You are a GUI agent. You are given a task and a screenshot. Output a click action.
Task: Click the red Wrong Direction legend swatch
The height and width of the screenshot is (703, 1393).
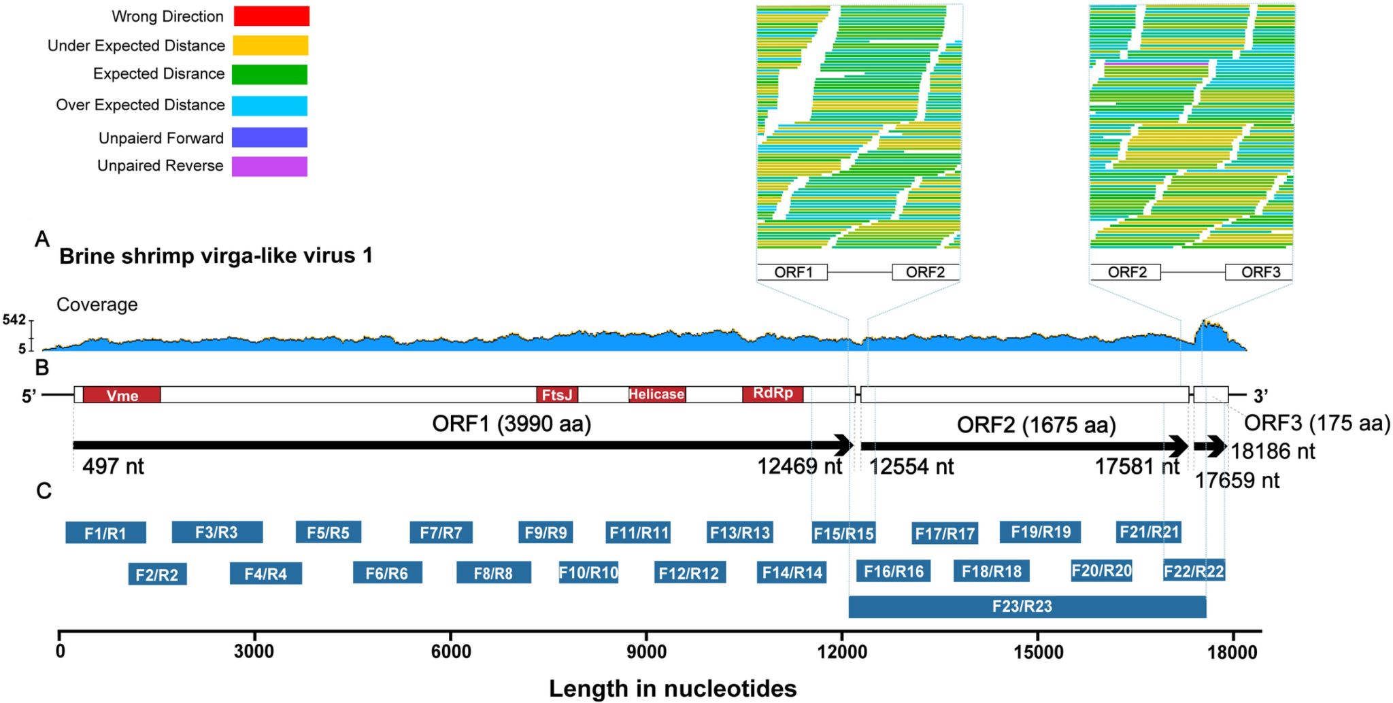pos(271,16)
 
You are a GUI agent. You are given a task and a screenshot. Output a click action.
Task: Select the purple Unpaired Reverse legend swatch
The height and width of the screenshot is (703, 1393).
pos(269,167)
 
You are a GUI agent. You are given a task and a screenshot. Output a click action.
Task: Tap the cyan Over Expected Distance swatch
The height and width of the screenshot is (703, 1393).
pos(269,105)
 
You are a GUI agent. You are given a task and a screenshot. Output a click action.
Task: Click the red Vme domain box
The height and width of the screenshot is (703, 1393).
pos(122,395)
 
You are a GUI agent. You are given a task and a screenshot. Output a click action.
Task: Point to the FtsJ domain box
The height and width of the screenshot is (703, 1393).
pos(557,394)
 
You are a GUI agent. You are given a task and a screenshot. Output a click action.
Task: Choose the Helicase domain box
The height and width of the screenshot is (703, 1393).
pos(656,394)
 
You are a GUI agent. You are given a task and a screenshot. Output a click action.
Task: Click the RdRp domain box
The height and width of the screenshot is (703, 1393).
pos(773,394)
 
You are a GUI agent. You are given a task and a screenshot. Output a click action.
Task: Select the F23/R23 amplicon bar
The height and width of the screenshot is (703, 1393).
pos(1027,606)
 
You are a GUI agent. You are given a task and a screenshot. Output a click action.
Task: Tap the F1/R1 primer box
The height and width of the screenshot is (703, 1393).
pos(105,533)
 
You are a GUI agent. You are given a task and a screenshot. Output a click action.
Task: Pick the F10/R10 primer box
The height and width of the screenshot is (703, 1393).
pos(588,572)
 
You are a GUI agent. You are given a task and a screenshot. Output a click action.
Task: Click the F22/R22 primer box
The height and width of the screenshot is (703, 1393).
pos(1194,571)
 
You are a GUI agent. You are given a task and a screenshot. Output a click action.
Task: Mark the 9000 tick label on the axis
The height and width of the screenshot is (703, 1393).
pos(646,652)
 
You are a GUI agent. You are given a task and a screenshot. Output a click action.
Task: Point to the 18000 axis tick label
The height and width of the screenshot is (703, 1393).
pos(1232,652)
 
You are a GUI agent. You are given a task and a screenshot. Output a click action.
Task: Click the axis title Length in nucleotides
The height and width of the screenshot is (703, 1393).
pos(673,688)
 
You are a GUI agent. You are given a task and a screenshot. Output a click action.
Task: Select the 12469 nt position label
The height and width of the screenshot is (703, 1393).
pos(800,466)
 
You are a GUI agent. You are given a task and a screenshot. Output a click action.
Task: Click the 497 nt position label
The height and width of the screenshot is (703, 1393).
pos(113,466)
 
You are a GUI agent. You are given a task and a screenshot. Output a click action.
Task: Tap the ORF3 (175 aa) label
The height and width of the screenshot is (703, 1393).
pos(1317,423)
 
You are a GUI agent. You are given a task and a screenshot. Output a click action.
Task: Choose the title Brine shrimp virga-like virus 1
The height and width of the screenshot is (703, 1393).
pos(216,256)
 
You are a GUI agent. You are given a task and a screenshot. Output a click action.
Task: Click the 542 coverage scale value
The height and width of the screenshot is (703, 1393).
pos(14,320)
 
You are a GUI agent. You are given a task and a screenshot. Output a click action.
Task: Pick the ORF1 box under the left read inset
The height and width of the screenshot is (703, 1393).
pos(792,273)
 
